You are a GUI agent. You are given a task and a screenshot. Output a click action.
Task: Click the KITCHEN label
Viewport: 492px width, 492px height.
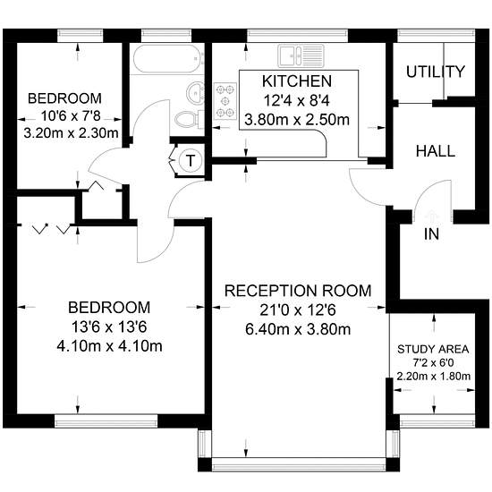297,81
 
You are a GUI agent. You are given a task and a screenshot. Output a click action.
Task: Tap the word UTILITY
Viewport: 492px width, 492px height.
436,72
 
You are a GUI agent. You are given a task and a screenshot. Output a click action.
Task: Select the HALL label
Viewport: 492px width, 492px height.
436,151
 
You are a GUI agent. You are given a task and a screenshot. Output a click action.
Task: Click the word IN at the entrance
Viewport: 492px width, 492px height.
431,234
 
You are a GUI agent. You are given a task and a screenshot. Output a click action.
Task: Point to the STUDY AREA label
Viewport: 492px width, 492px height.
433,349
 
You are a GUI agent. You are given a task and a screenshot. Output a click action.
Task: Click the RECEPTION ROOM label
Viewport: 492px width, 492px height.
298,291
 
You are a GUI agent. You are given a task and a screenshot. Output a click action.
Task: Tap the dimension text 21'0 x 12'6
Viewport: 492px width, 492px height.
298,310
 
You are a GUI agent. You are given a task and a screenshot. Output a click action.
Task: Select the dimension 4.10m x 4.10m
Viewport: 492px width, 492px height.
109,346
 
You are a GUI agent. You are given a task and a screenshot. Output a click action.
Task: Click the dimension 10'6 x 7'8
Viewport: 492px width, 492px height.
71,116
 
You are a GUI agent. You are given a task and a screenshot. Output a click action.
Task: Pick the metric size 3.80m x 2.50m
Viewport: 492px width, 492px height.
297,120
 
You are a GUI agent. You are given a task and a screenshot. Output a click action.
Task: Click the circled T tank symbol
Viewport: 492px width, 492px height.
191,160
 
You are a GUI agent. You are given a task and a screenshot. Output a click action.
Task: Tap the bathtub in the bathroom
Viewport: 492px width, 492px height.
166,59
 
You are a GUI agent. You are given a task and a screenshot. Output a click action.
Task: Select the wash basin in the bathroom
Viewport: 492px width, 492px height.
196,92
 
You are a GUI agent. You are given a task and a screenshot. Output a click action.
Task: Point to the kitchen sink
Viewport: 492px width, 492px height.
301,55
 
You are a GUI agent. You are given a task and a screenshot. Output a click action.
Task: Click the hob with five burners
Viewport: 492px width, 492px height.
225,101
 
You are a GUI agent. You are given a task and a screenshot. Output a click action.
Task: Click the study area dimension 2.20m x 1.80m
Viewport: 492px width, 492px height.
433,376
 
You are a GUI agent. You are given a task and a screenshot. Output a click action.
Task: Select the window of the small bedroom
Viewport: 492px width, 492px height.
81,36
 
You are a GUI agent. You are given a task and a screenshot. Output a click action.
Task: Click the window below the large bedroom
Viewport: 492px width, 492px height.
106,421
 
